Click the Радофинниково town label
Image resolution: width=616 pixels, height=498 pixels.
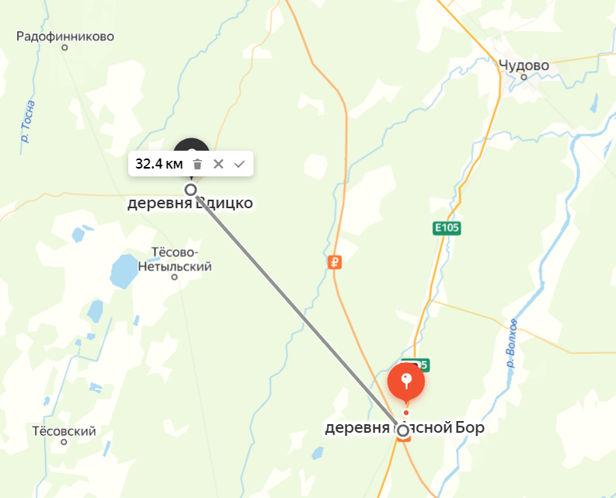[x=65, y=36]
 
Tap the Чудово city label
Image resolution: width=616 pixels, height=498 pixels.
[x=524, y=64]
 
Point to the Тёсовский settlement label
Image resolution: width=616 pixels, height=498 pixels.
[x=64, y=430]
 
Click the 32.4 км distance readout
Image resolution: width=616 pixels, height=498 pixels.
[x=158, y=164]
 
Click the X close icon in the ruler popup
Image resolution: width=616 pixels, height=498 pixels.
[x=218, y=164]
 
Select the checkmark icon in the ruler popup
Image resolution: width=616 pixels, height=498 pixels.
[x=239, y=164]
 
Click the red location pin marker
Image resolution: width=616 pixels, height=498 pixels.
[x=405, y=381]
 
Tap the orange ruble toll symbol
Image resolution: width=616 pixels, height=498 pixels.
[x=335, y=263]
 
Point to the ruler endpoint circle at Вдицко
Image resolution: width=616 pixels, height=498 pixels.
[x=190, y=189]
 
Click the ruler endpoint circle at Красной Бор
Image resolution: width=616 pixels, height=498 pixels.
[x=402, y=430]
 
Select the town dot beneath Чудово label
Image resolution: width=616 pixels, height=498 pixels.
[x=524, y=77]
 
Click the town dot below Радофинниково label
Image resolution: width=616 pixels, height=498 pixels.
[x=64, y=48]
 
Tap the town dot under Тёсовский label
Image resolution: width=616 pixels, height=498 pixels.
[x=64, y=443]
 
